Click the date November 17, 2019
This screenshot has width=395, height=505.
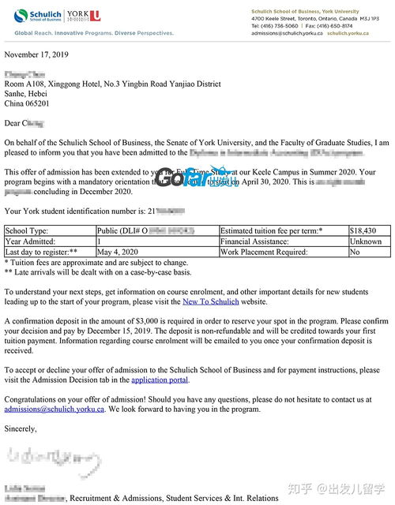[37, 54]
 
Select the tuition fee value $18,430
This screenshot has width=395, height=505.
[363, 230]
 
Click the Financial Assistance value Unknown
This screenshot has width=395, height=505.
[366, 241]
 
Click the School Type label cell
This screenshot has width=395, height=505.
[27, 230]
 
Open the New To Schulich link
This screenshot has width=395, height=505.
[212, 301]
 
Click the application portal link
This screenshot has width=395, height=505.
[160, 380]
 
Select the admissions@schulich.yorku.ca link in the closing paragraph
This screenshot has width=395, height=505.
[54, 410]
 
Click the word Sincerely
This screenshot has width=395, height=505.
[21, 428]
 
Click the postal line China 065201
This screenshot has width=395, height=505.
[27, 103]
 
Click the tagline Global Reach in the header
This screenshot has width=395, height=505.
[36, 33]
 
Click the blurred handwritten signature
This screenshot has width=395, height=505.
[47, 458]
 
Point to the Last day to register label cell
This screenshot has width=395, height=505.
[39, 252]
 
